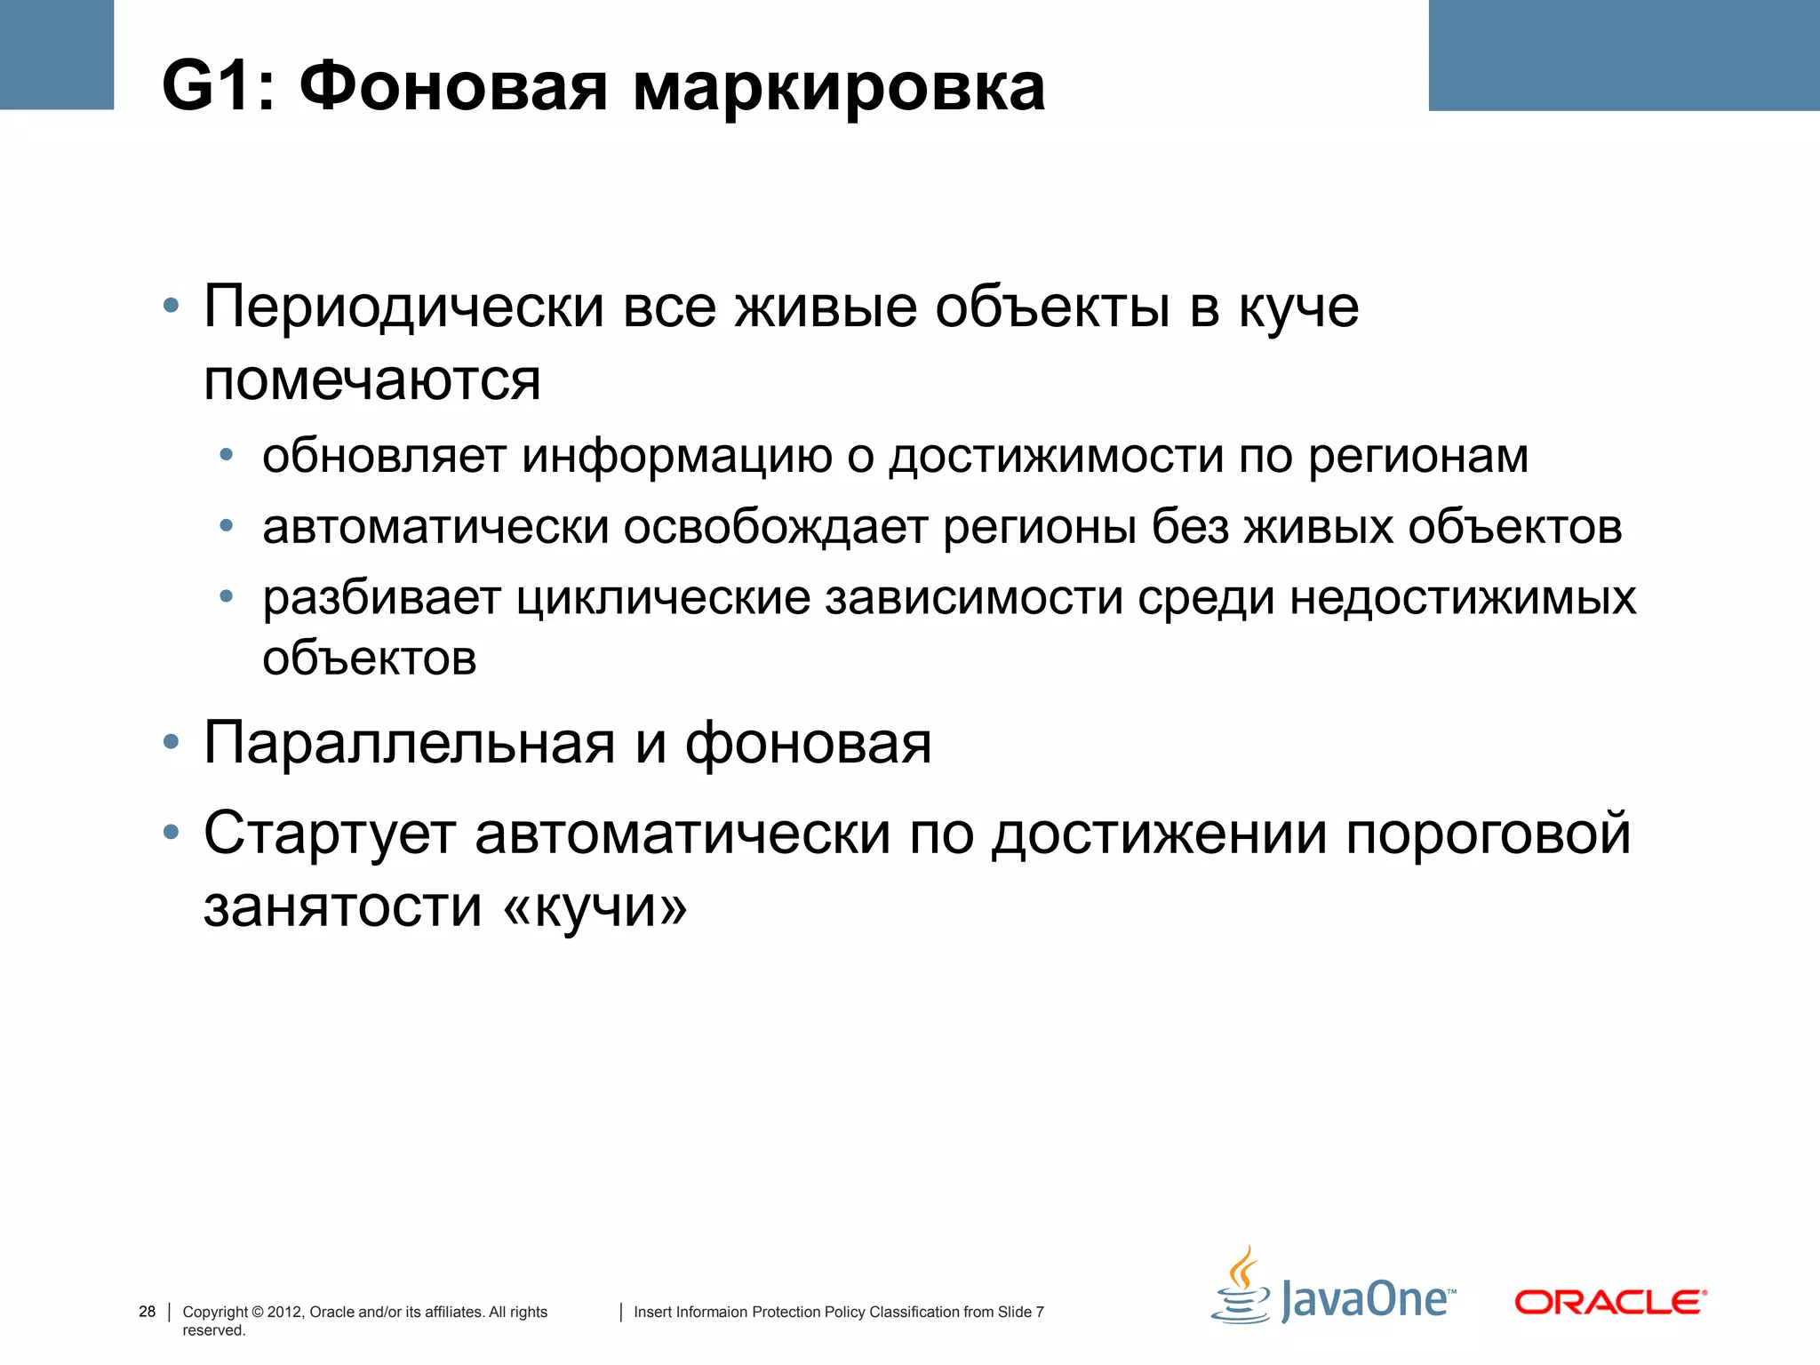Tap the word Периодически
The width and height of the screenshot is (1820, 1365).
coord(403,307)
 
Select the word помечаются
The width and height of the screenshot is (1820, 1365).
coord(371,380)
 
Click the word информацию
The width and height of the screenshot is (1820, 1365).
coord(677,456)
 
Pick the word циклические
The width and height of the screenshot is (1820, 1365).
coord(663,597)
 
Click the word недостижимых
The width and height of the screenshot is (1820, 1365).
coord(1462,597)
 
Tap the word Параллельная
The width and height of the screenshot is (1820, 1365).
coord(409,743)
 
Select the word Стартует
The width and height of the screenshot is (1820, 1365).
coord(330,834)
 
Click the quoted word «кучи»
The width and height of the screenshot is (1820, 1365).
coord(595,907)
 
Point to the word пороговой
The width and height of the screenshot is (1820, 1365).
coord(1488,834)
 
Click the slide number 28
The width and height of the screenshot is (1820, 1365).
coord(147,1312)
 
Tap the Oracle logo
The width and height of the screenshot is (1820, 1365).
coord(1610,1302)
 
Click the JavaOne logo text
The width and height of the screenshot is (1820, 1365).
coord(1365,1300)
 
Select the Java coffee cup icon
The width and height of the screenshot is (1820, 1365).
coord(1241,1287)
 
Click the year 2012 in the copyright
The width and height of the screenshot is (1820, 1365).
coord(284,1312)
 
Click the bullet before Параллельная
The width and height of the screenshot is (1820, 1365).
coord(172,742)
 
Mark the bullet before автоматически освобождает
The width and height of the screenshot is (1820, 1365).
coord(227,526)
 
